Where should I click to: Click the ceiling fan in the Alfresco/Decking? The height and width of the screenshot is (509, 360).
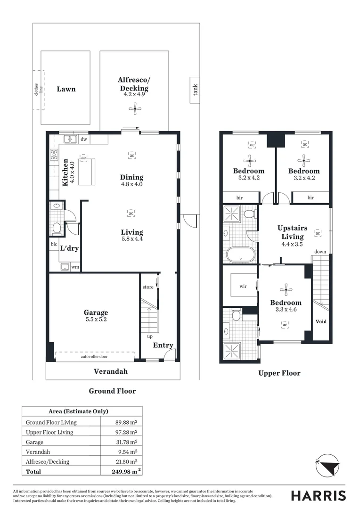135,110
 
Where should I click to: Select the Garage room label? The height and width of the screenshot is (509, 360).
96,312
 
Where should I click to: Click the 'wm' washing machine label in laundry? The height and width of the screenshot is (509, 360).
74,267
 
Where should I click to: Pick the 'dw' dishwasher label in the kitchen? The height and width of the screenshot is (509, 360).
83,139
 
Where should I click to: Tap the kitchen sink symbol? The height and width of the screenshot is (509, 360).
70,139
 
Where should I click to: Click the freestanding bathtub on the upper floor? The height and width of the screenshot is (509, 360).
240,254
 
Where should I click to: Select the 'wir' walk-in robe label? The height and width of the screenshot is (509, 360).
243,286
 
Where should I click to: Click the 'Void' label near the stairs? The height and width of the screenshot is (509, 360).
320,321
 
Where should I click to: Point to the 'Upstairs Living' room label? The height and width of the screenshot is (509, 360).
292,232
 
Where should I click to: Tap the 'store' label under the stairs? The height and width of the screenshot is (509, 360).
148,287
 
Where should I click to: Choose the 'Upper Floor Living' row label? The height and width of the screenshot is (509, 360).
49,432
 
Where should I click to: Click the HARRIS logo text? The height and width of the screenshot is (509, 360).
318,495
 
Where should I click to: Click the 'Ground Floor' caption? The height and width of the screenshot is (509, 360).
112,391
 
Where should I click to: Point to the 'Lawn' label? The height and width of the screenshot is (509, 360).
66,89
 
